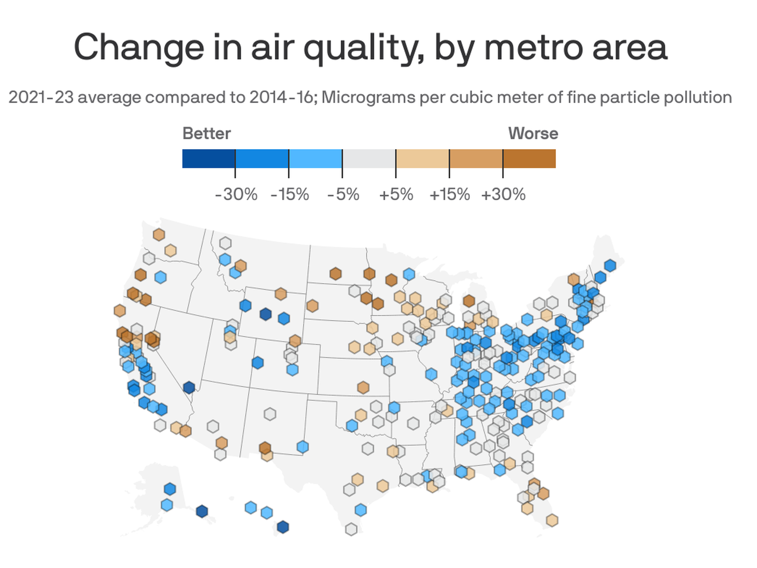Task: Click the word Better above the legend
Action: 206,133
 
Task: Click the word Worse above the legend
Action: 533,133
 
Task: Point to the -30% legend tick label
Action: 236,194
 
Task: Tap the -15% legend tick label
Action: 289,194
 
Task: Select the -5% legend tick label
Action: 343,194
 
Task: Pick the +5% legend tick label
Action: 396,194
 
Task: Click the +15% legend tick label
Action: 449,194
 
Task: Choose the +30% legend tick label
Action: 503,194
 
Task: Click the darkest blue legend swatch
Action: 209,159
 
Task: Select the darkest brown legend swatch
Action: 529,159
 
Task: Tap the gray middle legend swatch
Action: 369,159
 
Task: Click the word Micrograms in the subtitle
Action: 367,97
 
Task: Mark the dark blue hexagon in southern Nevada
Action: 189,387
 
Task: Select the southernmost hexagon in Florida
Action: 552,520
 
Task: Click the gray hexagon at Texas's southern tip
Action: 351,529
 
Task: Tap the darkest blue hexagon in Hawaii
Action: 283,527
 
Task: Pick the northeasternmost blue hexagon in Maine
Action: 610,265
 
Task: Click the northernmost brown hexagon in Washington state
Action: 158,235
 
